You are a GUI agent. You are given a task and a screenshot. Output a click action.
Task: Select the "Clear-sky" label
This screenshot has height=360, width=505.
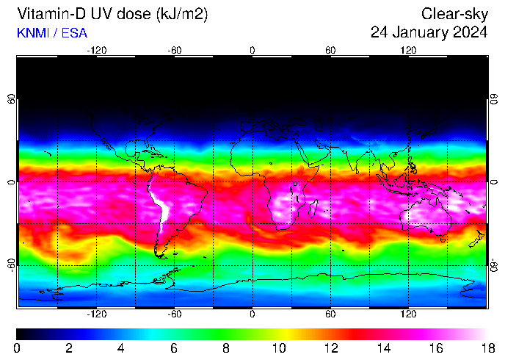pyautogui.click(x=455, y=14)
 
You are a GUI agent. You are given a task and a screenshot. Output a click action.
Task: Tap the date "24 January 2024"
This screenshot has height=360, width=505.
pyautogui.click(x=429, y=32)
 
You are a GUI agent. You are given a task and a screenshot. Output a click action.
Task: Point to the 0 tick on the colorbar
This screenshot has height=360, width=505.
pyautogui.click(x=17, y=348)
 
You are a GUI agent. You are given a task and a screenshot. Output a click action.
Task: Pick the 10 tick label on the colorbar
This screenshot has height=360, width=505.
pyautogui.click(x=278, y=348)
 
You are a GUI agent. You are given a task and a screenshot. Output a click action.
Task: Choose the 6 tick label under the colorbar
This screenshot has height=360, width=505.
pyautogui.click(x=174, y=348)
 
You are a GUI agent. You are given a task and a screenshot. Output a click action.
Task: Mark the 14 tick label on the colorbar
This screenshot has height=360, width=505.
pyautogui.click(x=382, y=348)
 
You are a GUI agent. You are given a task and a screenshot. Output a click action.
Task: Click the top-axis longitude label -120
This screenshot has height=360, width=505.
pyautogui.click(x=97, y=50)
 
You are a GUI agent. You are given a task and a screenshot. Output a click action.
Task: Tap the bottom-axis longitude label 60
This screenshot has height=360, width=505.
pyautogui.click(x=330, y=314)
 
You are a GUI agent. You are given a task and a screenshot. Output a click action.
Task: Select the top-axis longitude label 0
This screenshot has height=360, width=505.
pyautogui.click(x=252, y=50)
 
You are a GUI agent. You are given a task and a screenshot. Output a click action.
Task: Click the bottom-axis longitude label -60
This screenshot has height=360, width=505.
pyautogui.click(x=175, y=314)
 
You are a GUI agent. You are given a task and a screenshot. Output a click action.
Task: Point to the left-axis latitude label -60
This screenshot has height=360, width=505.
pyautogui.click(x=11, y=264)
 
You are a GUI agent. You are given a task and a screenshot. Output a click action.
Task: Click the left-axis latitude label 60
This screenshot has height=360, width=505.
pyautogui.click(x=11, y=98)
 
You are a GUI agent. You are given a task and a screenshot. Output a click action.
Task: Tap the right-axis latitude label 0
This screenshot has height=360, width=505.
pyautogui.click(x=494, y=181)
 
